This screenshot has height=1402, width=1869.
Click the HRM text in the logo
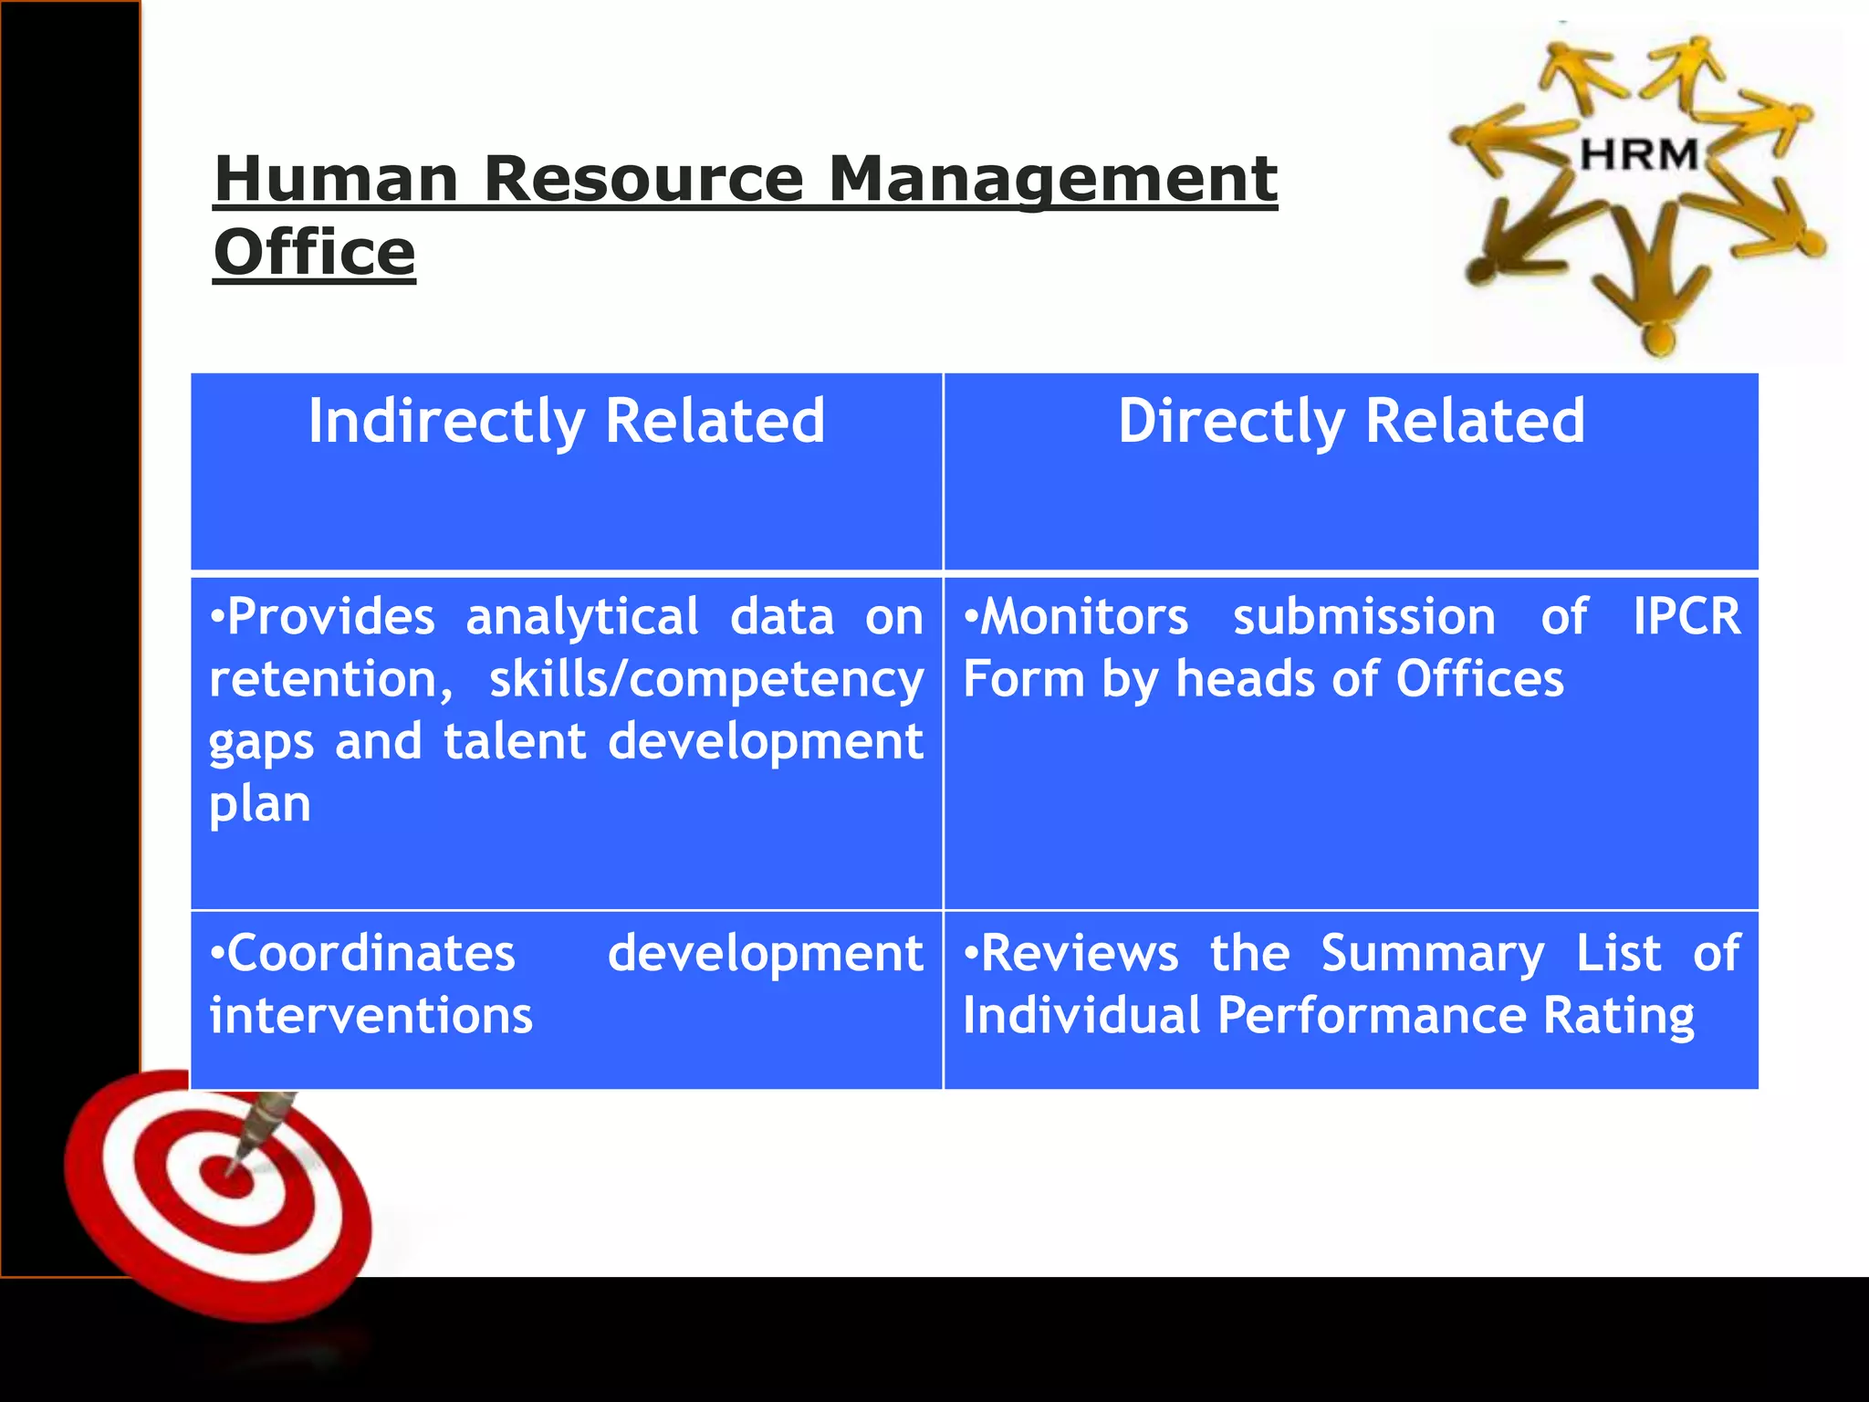click(x=1639, y=154)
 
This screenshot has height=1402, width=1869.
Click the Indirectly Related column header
click(x=567, y=421)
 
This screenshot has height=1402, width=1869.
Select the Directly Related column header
click(x=1352, y=421)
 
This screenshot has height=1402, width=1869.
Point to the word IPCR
click(x=1686, y=616)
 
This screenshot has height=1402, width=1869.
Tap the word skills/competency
click(x=706, y=681)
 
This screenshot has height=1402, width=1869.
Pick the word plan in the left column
click(x=260, y=805)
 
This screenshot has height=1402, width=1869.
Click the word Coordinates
click(x=363, y=953)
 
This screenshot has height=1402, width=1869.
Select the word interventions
click(x=371, y=1015)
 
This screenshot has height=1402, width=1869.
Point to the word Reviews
click(x=1071, y=953)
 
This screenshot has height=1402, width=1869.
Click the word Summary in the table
click(x=1433, y=955)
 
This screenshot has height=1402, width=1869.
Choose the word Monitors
click(x=1077, y=616)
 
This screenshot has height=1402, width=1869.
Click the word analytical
click(x=582, y=618)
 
